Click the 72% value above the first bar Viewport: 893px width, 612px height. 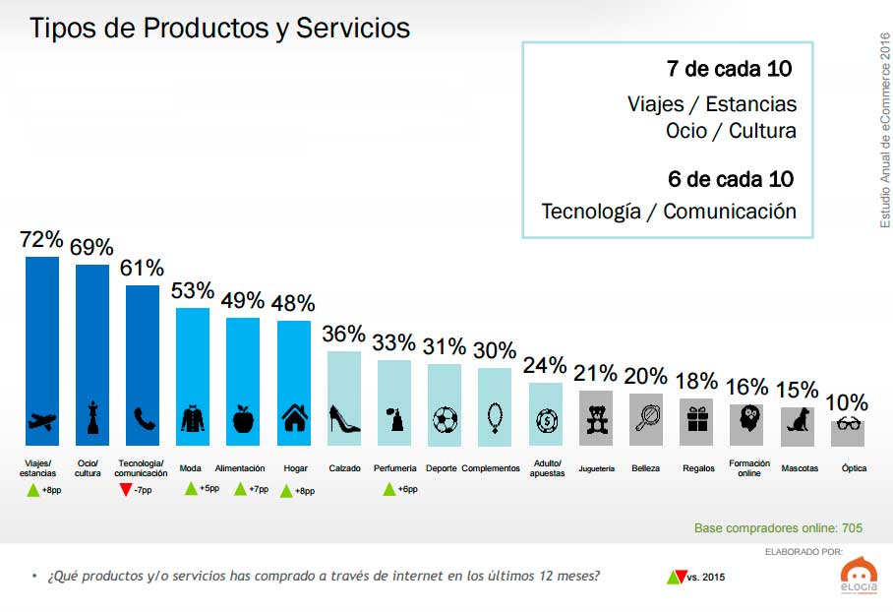[41, 240]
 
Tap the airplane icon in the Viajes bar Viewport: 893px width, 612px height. [42, 420]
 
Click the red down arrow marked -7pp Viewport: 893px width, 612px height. [124, 489]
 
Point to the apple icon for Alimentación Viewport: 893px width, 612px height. [243, 419]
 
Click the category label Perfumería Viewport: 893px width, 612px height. [394, 468]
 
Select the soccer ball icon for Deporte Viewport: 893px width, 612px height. [445, 420]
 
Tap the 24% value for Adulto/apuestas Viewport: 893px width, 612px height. [545, 365]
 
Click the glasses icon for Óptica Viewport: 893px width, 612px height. [848, 425]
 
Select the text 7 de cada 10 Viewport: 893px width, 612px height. [729, 70]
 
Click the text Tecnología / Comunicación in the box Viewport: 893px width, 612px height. [669, 211]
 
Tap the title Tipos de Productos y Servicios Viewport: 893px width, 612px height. [219, 28]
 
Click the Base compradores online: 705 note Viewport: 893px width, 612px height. [778, 528]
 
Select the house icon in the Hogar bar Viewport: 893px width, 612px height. [293, 419]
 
